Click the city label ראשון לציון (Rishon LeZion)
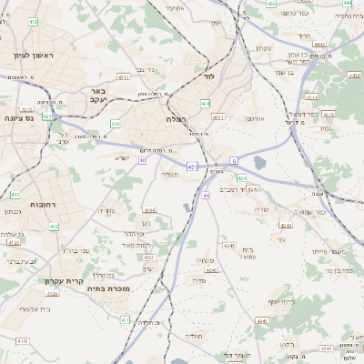click(34, 56)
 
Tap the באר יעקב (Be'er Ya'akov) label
click(98, 96)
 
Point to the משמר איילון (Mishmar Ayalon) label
click(325, 250)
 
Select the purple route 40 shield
click(143, 160)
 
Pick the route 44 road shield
click(207, 195)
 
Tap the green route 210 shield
click(116, 123)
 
